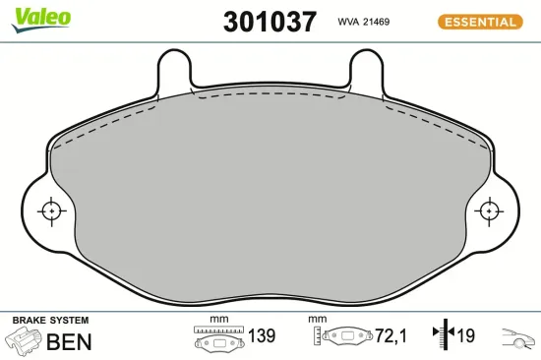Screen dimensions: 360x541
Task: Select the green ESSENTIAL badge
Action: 481,21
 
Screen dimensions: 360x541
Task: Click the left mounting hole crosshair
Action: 49,210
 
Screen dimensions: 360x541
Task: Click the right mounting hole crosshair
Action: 489,210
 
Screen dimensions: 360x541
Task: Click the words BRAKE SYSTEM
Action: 49,321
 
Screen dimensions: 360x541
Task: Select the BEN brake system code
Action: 70,342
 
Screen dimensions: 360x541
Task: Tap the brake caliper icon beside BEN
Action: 23,341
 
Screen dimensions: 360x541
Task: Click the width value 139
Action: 261,336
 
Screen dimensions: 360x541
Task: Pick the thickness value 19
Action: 465,336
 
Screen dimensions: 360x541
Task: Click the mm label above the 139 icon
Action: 219,319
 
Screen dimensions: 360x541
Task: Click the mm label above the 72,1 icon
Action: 316,319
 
